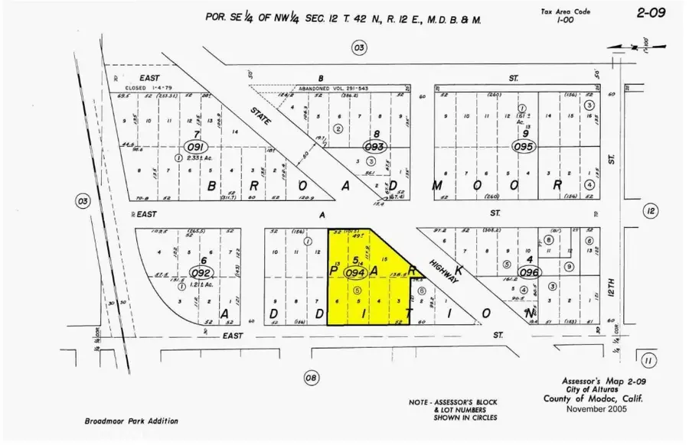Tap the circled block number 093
pos(374,145)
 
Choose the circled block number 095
pos(522,145)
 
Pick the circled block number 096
pos(528,271)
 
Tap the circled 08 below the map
pos(311,377)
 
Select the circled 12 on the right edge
pos(651,211)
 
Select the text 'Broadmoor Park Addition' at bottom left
pos(131,421)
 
